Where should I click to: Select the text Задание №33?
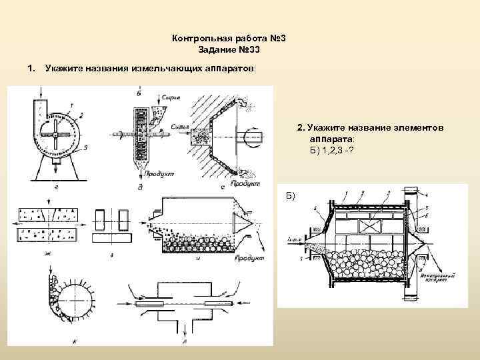click(229, 50)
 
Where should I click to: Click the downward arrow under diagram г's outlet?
click(55, 173)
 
